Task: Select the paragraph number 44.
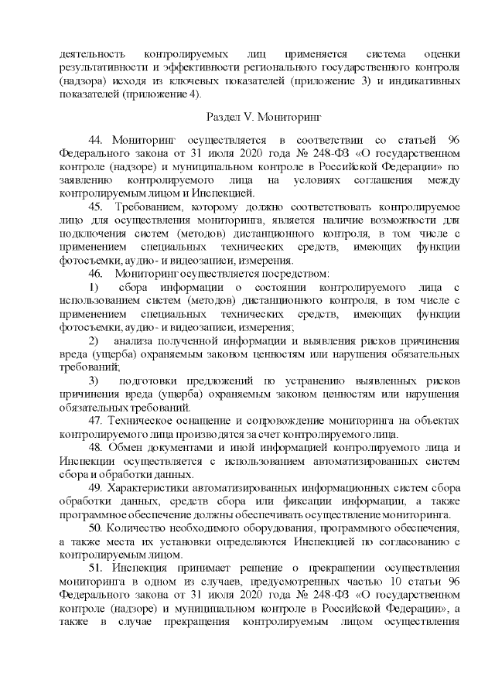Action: [x=97, y=139]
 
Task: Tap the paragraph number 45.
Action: [x=97, y=207]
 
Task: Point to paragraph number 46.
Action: [x=97, y=273]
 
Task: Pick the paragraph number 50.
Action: [x=97, y=528]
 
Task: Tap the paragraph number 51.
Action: [x=97, y=567]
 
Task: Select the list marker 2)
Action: [x=96, y=340]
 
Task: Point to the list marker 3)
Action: [x=96, y=381]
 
